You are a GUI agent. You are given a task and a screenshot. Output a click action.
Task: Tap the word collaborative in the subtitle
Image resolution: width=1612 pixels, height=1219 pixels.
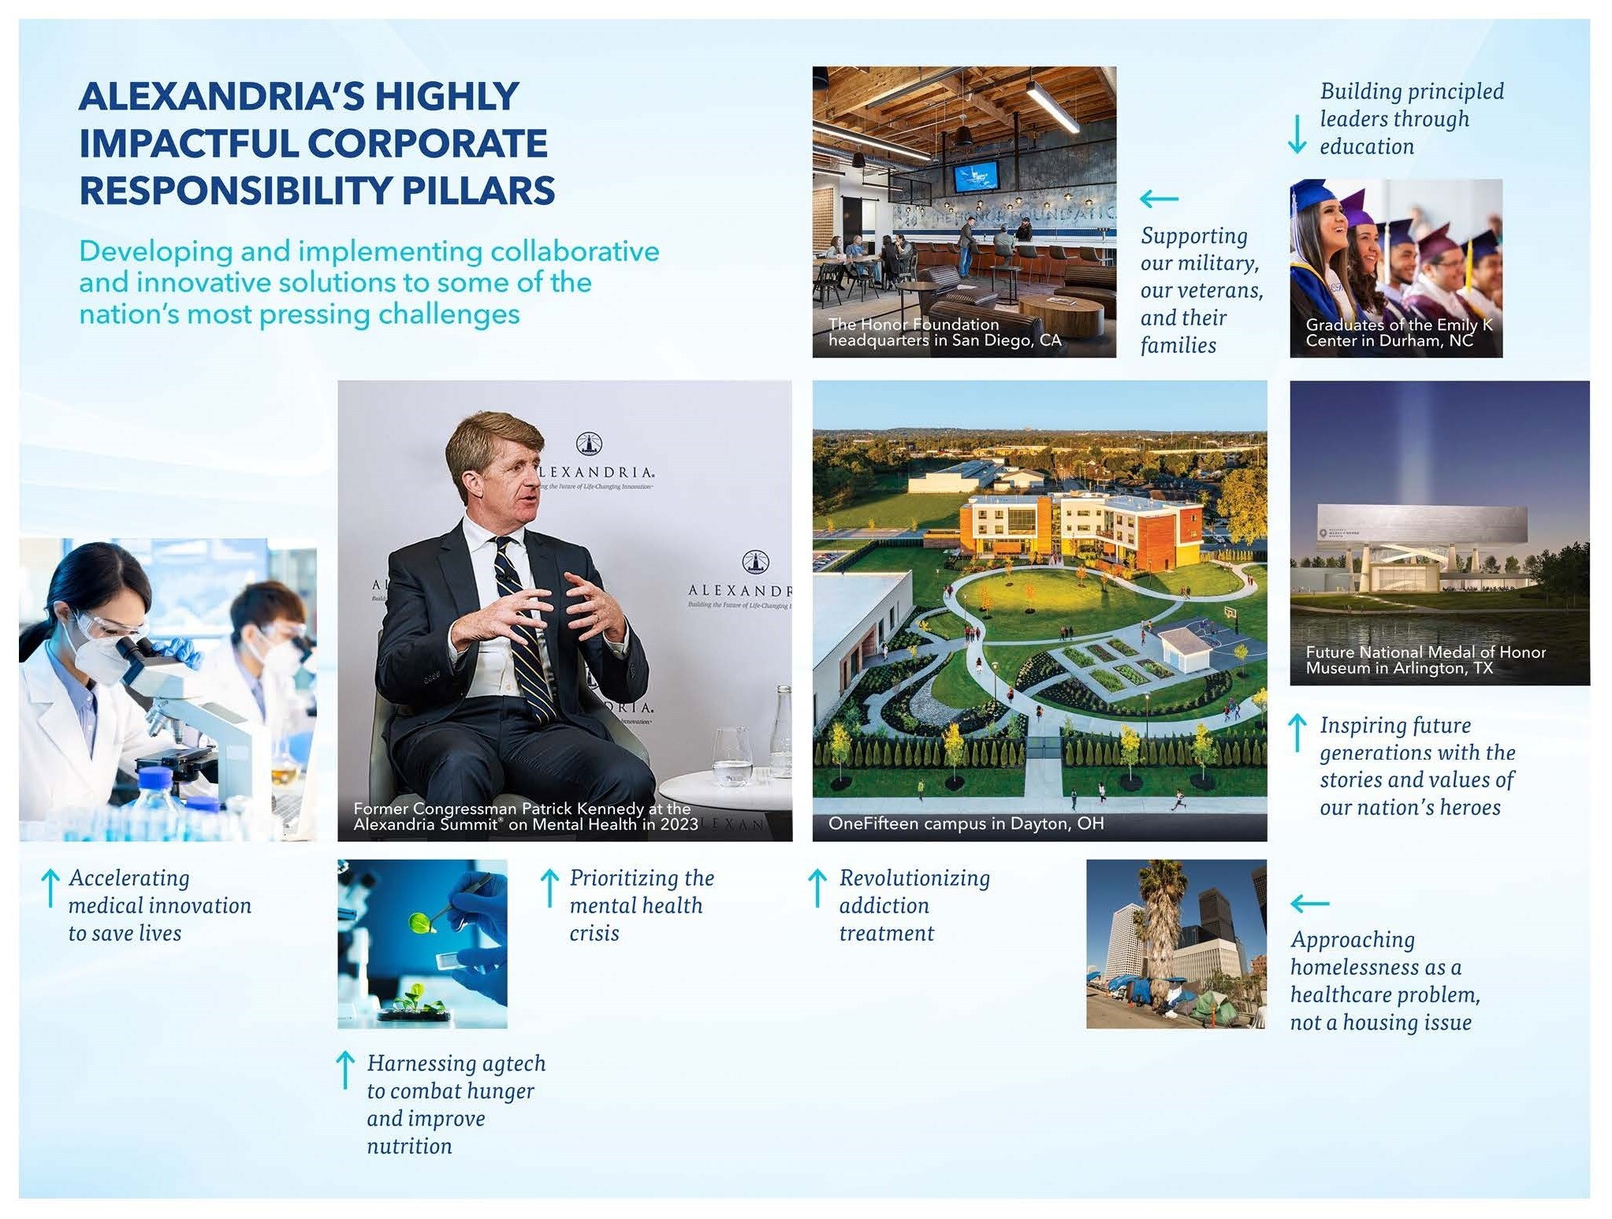[575, 251]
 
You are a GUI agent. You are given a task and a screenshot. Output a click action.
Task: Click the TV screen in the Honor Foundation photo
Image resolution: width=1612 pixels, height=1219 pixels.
[976, 176]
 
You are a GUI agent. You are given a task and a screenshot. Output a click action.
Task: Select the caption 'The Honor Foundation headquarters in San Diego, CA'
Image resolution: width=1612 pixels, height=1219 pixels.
[944, 333]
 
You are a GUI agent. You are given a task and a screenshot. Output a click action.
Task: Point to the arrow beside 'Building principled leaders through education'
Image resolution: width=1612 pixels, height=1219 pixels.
[1297, 135]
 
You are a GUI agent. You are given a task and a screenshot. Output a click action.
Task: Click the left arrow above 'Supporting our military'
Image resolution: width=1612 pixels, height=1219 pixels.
[1160, 199]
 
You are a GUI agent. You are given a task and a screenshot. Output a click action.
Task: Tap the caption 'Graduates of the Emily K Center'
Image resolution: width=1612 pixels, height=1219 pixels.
[1399, 333]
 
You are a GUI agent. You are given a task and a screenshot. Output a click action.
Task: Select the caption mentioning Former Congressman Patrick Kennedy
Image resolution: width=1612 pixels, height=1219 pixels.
[526, 816]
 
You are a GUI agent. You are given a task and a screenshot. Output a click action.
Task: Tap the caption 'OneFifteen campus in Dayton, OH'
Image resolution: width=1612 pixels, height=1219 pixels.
[966, 823]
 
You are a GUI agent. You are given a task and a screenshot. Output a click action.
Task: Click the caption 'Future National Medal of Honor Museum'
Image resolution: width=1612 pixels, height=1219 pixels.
[1425, 660]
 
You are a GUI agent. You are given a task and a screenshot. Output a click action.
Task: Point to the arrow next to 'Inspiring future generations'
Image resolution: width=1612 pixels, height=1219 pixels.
[1297, 734]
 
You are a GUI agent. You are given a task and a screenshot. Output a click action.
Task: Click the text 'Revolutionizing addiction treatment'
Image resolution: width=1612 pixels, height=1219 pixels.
[914, 905]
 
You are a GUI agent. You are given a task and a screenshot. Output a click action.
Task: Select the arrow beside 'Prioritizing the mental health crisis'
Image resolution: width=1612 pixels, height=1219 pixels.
[549, 888]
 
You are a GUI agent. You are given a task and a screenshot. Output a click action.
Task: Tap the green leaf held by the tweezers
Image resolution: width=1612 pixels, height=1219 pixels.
[420, 923]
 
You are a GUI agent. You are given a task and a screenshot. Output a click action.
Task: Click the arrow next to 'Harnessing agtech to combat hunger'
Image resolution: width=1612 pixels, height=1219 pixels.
[345, 1070]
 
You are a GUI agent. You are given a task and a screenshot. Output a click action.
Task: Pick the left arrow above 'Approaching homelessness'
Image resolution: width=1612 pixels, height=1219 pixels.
[1309, 903]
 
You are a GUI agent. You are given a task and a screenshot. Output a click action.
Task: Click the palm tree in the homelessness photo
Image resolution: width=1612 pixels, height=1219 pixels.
[1162, 922]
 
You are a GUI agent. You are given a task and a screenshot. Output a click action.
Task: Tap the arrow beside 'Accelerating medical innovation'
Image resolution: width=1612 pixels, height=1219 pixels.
[50, 888]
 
